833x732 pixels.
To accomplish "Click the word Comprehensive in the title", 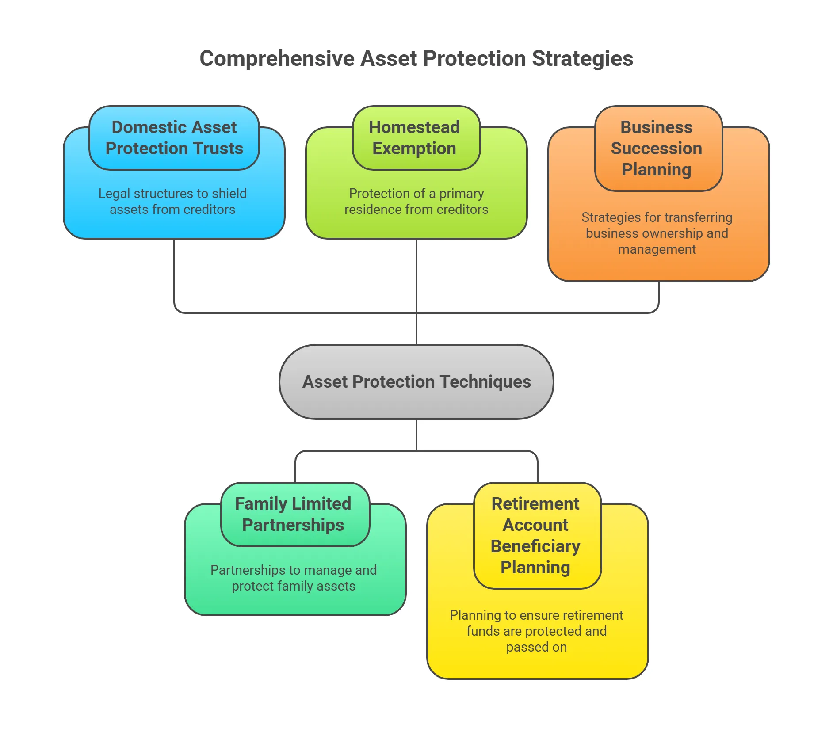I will coord(277,59).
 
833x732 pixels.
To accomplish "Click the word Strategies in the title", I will coord(582,59).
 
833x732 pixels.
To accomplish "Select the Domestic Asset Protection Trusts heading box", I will coord(174,137).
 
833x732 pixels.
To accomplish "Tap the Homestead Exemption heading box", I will coord(416,137).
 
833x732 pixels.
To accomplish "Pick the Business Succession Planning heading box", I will coord(658,148).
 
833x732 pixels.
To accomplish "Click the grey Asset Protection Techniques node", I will coord(416,382).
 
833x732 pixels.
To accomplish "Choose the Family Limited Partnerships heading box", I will coord(295,514).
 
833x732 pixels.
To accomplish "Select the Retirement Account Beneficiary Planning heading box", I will coord(537,535).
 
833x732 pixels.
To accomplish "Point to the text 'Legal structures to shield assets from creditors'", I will coord(172,202).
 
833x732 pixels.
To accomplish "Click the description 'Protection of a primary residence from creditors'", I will coord(416,202).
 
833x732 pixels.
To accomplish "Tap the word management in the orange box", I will coord(657,249).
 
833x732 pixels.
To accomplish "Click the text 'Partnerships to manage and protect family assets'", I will coord(294,578).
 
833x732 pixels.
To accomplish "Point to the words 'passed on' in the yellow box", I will coord(536,647).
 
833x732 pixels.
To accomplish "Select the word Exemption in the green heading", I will coord(414,149).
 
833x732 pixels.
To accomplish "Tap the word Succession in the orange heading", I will coord(656,149).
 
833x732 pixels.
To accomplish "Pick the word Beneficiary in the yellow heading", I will coord(535,546).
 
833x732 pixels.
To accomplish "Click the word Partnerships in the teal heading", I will coord(293,525).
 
